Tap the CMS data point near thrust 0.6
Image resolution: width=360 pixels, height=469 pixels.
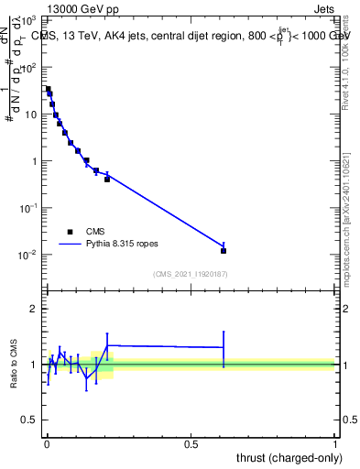224,250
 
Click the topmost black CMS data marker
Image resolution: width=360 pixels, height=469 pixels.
48,89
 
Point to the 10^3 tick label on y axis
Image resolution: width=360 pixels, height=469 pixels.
28,20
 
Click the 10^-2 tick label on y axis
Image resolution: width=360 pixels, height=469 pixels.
28,255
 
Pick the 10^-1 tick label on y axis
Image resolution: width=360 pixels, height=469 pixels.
28,208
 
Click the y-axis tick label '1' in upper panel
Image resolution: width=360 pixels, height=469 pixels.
35,161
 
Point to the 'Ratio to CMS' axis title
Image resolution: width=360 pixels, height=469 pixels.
14,365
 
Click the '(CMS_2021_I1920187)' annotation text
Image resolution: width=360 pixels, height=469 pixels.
190,274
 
